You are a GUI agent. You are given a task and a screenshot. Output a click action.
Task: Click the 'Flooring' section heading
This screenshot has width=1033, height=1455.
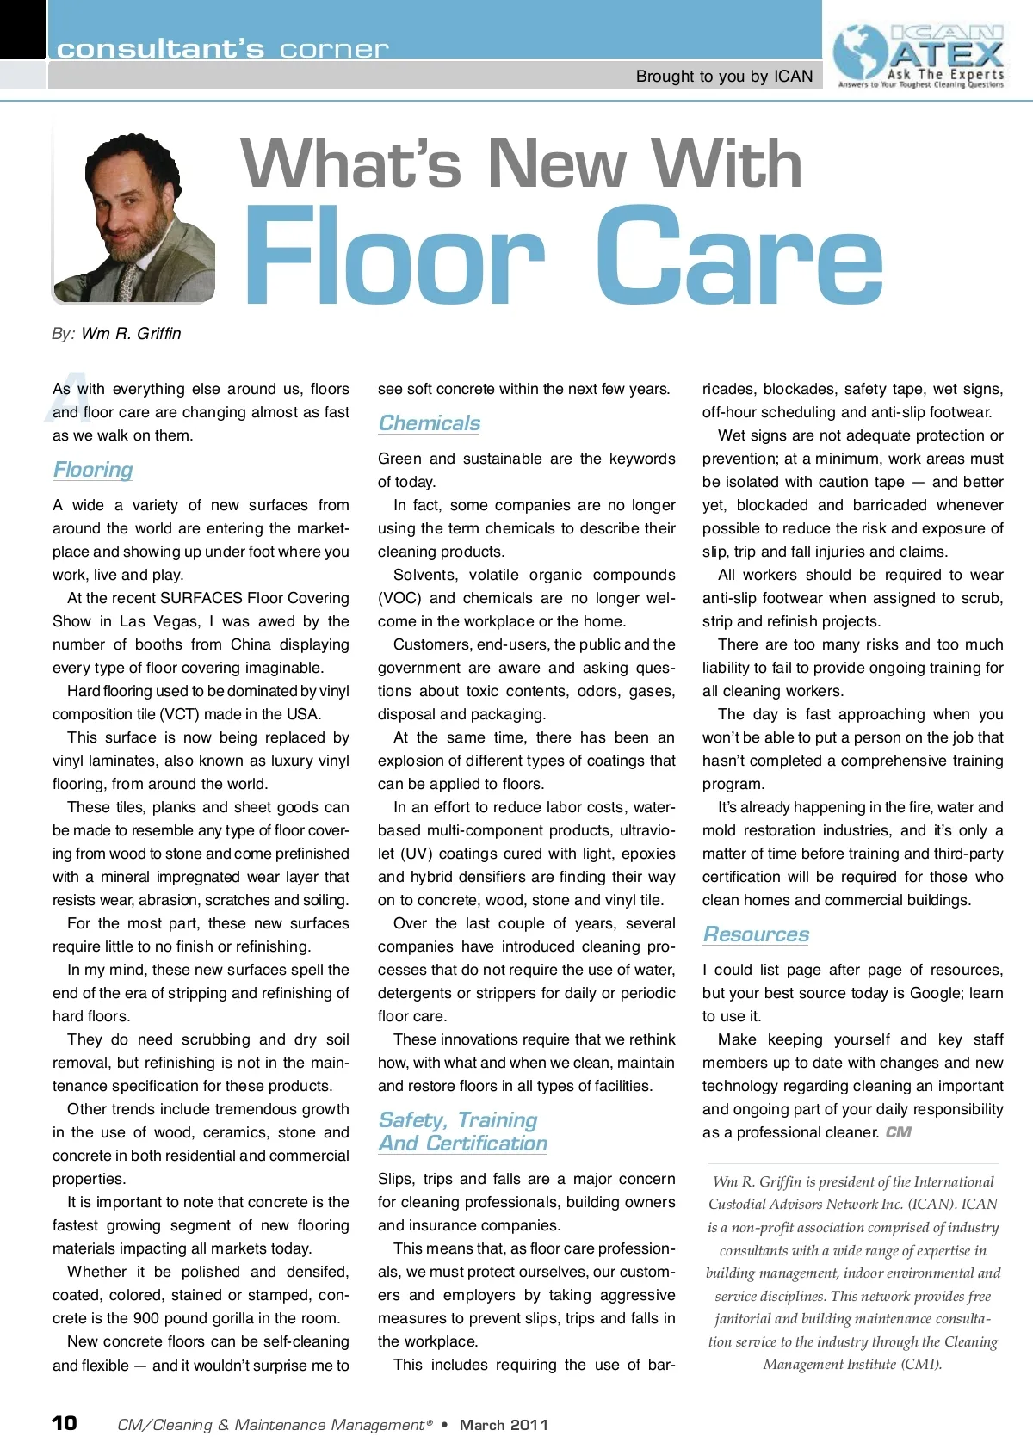tap(93, 470)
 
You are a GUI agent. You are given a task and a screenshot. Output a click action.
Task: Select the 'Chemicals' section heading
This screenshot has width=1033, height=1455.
tap(429, 423)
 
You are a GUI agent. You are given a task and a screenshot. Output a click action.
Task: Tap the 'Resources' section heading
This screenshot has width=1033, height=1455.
tap(756, 934)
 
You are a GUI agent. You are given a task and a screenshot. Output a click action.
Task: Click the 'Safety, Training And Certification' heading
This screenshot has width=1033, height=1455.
tap(462, 1131)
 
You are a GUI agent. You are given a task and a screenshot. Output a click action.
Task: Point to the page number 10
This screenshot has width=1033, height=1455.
tap(65, 1423)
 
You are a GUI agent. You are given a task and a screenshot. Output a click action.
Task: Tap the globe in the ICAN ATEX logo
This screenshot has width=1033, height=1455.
tap(860, 53)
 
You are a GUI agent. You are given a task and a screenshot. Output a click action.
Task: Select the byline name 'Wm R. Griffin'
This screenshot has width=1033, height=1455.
tap(131, 334)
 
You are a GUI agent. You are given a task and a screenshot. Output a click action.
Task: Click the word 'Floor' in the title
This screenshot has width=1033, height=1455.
tap(394, 256)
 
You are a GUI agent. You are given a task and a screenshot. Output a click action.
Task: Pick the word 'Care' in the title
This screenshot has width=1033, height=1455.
tap(739, 256)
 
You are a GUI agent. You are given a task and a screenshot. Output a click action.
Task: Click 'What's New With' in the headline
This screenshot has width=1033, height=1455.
tap(521, 163)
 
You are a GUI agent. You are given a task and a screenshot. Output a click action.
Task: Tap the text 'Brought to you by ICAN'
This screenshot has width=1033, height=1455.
tap(724, 77)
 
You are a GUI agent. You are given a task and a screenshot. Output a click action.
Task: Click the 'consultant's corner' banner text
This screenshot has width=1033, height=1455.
tap(222, 49)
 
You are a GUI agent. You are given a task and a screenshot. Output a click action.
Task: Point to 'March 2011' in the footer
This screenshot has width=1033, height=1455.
tap(504, 1425)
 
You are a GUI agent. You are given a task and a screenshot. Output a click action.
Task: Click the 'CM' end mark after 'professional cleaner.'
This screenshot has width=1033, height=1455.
tap(898, 1132)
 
